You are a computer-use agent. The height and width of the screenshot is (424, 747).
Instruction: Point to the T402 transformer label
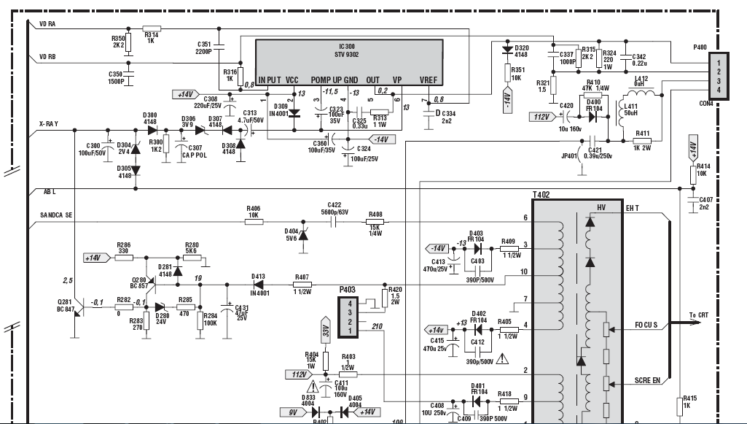click(x=541, y=194)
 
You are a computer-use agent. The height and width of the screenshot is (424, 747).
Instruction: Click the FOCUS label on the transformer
click(x=646, y=325)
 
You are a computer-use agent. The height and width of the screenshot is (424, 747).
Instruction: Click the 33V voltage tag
click(x=326, y=329)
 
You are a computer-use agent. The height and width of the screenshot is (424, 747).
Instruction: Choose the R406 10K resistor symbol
click(x=254, y=222)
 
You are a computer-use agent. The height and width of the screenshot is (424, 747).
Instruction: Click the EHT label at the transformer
click(x=632, y=208)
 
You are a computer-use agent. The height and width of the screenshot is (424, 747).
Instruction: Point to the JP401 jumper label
click(x=569, y=155)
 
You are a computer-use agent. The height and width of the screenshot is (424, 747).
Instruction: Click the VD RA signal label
click(x=47, y=23)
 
